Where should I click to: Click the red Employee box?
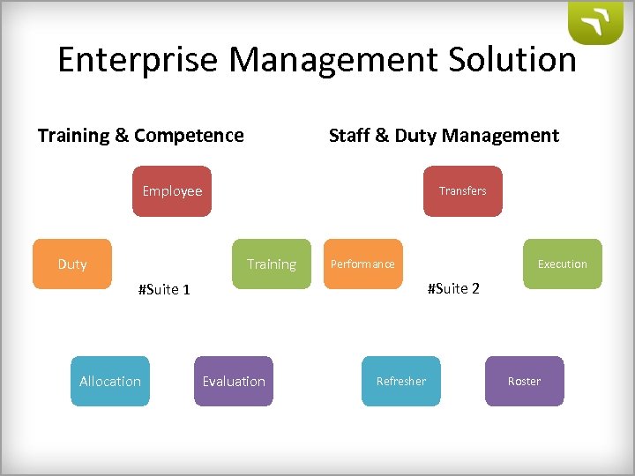pyautogui.click(x=172, y=191)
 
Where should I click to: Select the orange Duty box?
pyautogui.click(x=72, y=264)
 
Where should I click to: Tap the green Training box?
pyautogui.click(x=272, y=264)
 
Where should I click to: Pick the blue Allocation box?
pyautogui.click(x=110, y=381)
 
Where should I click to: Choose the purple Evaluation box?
pyautogui.click(x=234, y=381)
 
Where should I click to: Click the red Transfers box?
pyautogui.click(x=463, y=191)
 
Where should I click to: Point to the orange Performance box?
pyautogui.click(x=362, y=264)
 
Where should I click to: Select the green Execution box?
pyautogui.click(x=563, y=264)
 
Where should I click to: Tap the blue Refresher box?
pyautogui.click(x=401, y=381)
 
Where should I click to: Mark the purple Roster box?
pyautogui.click(x=525, y=381)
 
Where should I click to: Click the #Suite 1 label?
pyautogui.click(x=164, y=289)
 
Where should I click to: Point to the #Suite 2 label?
pyautogui.click(x=453, y=288)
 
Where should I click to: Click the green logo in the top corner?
pyautogui.click(x=595, y=23)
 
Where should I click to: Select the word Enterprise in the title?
pyautogui.click(x=126, y=60)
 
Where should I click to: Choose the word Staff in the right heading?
pyautogui.click(x=348, y=136)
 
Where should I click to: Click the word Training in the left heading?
pyautogui.click(x=72, y=136)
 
